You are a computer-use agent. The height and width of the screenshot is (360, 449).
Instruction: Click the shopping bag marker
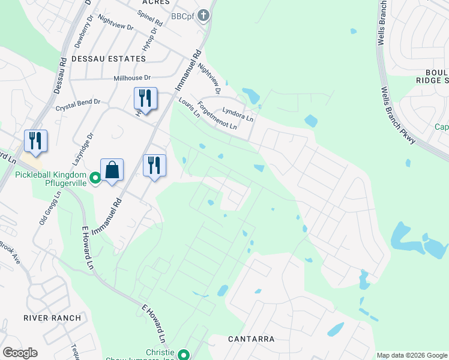tap(112, 170)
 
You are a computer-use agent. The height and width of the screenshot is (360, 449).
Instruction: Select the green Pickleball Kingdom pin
tap(95, 178)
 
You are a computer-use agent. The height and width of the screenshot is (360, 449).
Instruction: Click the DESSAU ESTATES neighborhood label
tap(109, 59)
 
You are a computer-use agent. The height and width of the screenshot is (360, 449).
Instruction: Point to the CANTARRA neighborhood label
tap(251, 339)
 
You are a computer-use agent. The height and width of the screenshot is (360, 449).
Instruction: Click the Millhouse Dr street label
tap(132, 78)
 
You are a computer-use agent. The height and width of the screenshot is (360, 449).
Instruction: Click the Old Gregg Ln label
tap(50, 207)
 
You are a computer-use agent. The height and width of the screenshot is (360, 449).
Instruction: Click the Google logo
tap(20, 353)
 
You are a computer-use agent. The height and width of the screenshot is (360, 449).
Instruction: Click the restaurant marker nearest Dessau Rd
tap(35, 141)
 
